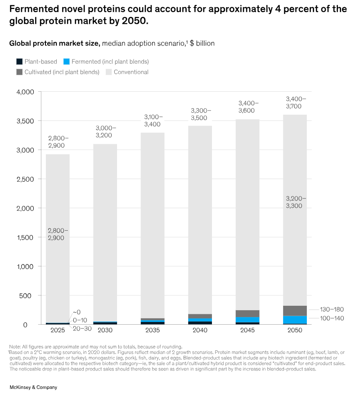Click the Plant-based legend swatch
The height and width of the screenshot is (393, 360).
click(19, 62)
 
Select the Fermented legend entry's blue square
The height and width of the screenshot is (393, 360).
click(66, 62)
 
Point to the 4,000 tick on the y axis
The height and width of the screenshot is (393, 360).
click(25, 92)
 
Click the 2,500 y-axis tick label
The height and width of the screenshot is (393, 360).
click(25, 179)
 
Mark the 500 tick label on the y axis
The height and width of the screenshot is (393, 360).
click(28, 295)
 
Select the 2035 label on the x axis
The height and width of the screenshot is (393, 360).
click(153, 330)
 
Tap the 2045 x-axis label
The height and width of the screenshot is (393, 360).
click(247, 330)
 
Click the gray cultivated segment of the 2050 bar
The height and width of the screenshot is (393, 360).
click(295, 311)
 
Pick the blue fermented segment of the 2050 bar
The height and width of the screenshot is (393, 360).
click(295, 320)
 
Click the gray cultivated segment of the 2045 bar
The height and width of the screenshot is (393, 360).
click(247, 313)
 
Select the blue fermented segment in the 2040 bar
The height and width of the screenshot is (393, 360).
click(200, 320)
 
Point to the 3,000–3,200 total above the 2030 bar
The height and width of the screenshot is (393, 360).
click(105, 131)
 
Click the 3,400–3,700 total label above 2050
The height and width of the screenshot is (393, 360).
click(296, 103)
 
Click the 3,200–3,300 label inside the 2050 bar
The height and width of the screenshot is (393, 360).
click(296, 202)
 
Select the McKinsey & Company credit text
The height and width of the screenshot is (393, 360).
click(33, 387)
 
